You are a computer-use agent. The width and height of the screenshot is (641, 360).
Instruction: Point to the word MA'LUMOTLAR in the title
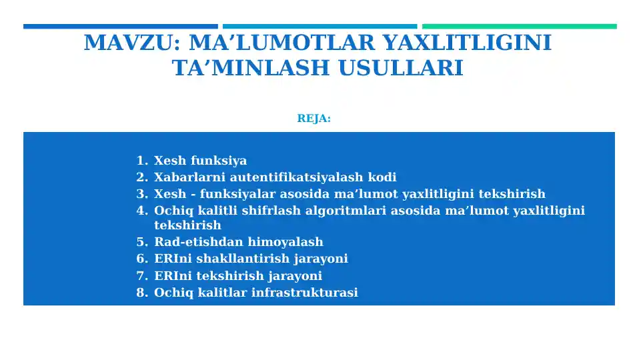[285, 43]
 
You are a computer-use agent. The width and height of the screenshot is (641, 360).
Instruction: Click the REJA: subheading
[313, 119]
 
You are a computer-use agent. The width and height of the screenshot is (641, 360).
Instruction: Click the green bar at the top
[519, 27]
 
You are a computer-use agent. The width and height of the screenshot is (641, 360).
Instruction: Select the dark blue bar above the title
[120, 27]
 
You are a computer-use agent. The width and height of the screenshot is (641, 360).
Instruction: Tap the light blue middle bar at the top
[320, 27]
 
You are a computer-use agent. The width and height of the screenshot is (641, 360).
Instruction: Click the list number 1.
[140, 161]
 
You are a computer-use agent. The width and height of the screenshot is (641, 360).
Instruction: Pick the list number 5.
[140, 242]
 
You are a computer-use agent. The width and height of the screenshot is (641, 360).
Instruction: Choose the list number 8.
[140, 293]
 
